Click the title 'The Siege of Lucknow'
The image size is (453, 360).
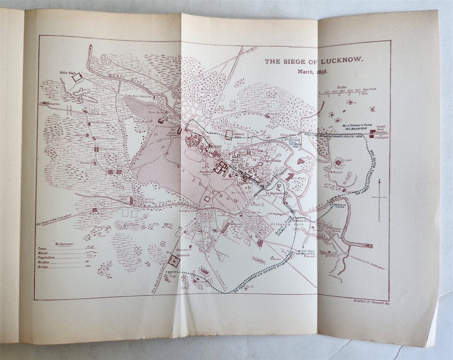(x=313, y=61)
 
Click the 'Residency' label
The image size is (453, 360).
(x=215, y=147)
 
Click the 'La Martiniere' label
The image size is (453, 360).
(x=272, y=194)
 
